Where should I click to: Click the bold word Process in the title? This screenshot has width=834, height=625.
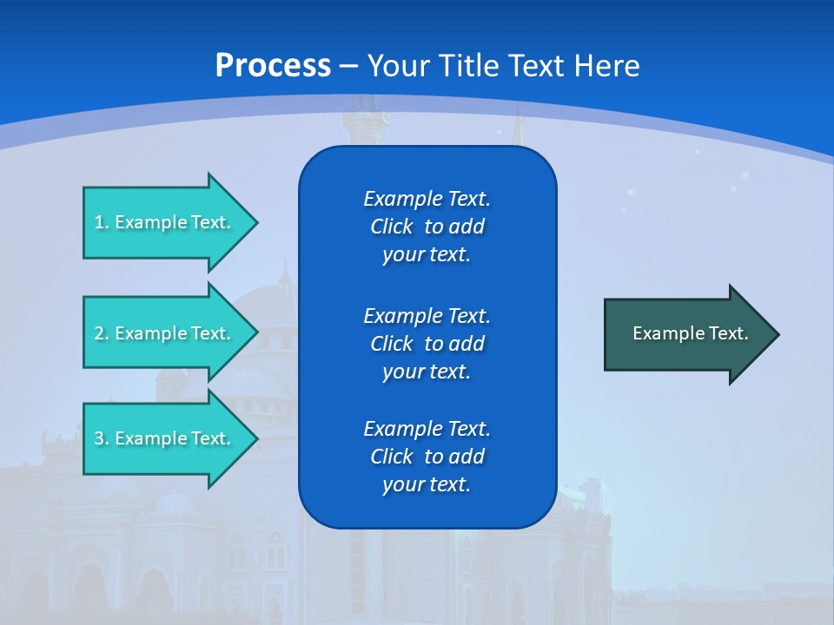(x=273, y=66)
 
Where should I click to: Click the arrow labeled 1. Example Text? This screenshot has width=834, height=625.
(x=165, y=222)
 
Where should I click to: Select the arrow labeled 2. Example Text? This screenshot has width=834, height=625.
(x=165, y=333)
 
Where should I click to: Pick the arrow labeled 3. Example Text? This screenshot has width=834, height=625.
(x=165, y=438)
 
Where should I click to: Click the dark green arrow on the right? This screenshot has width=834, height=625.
(x=686, y=333)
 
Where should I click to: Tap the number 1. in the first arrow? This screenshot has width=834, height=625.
(x=101, y=222)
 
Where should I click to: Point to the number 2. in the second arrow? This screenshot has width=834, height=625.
(x=101, y=333)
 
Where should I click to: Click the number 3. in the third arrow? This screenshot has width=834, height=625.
(x=101, y=438)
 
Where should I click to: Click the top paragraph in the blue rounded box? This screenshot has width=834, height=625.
(x=427, y=227)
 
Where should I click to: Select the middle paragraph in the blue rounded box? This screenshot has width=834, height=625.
(x=427, y=344)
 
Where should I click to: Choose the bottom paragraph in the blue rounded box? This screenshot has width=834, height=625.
(x=427, y=457)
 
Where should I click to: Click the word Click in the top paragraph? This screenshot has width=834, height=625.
(x=391, y=227)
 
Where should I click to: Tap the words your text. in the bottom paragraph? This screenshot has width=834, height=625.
(x=426, y=484)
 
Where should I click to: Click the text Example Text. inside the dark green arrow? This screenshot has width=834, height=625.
(x=690, y=333)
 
